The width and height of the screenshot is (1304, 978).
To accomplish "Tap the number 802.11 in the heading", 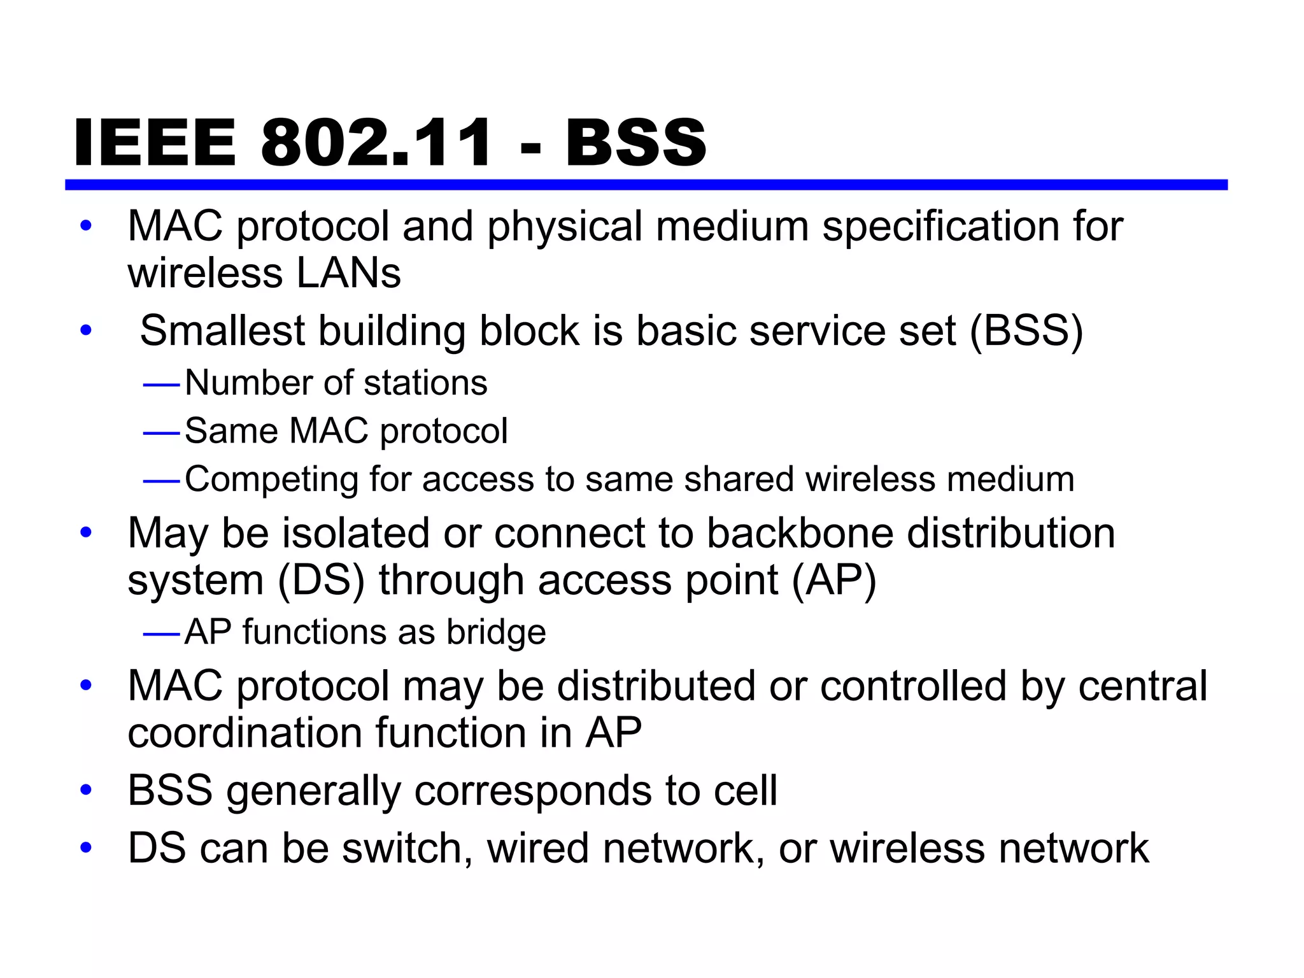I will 376,143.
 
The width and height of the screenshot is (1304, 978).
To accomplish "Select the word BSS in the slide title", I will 635,143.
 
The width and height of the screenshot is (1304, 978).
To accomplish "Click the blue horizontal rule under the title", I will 646,185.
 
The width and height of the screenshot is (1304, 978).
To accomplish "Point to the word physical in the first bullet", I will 565,227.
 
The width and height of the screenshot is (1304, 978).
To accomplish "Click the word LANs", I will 348,274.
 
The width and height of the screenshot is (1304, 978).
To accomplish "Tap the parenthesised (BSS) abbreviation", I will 1026,331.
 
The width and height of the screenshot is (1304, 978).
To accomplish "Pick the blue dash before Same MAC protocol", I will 162,433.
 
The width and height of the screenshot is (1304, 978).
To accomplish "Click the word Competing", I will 271,480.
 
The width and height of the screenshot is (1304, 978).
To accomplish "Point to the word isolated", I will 356,533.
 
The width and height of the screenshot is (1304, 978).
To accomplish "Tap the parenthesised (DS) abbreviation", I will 321,581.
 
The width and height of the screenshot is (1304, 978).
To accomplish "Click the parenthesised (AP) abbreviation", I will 833,581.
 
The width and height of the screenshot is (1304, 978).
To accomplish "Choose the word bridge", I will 496,632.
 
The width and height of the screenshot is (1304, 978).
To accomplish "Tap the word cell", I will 745,791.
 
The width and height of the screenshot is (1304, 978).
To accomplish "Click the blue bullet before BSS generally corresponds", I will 86,791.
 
